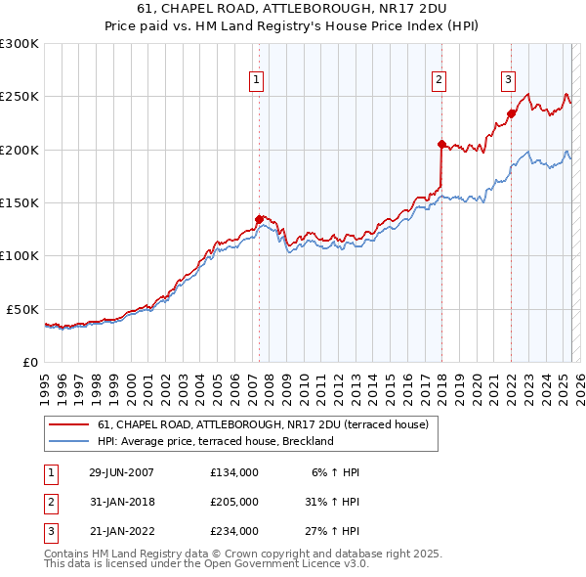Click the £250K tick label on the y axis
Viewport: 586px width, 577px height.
[20, 97]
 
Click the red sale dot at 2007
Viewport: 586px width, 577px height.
[259, 219]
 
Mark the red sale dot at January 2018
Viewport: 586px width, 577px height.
[441, 144]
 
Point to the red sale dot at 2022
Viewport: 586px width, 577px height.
[511, 112]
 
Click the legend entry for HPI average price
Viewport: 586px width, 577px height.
[215, 441]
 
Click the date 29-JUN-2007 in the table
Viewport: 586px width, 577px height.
[121, 472]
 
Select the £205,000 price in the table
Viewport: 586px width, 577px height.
[234, 502]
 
